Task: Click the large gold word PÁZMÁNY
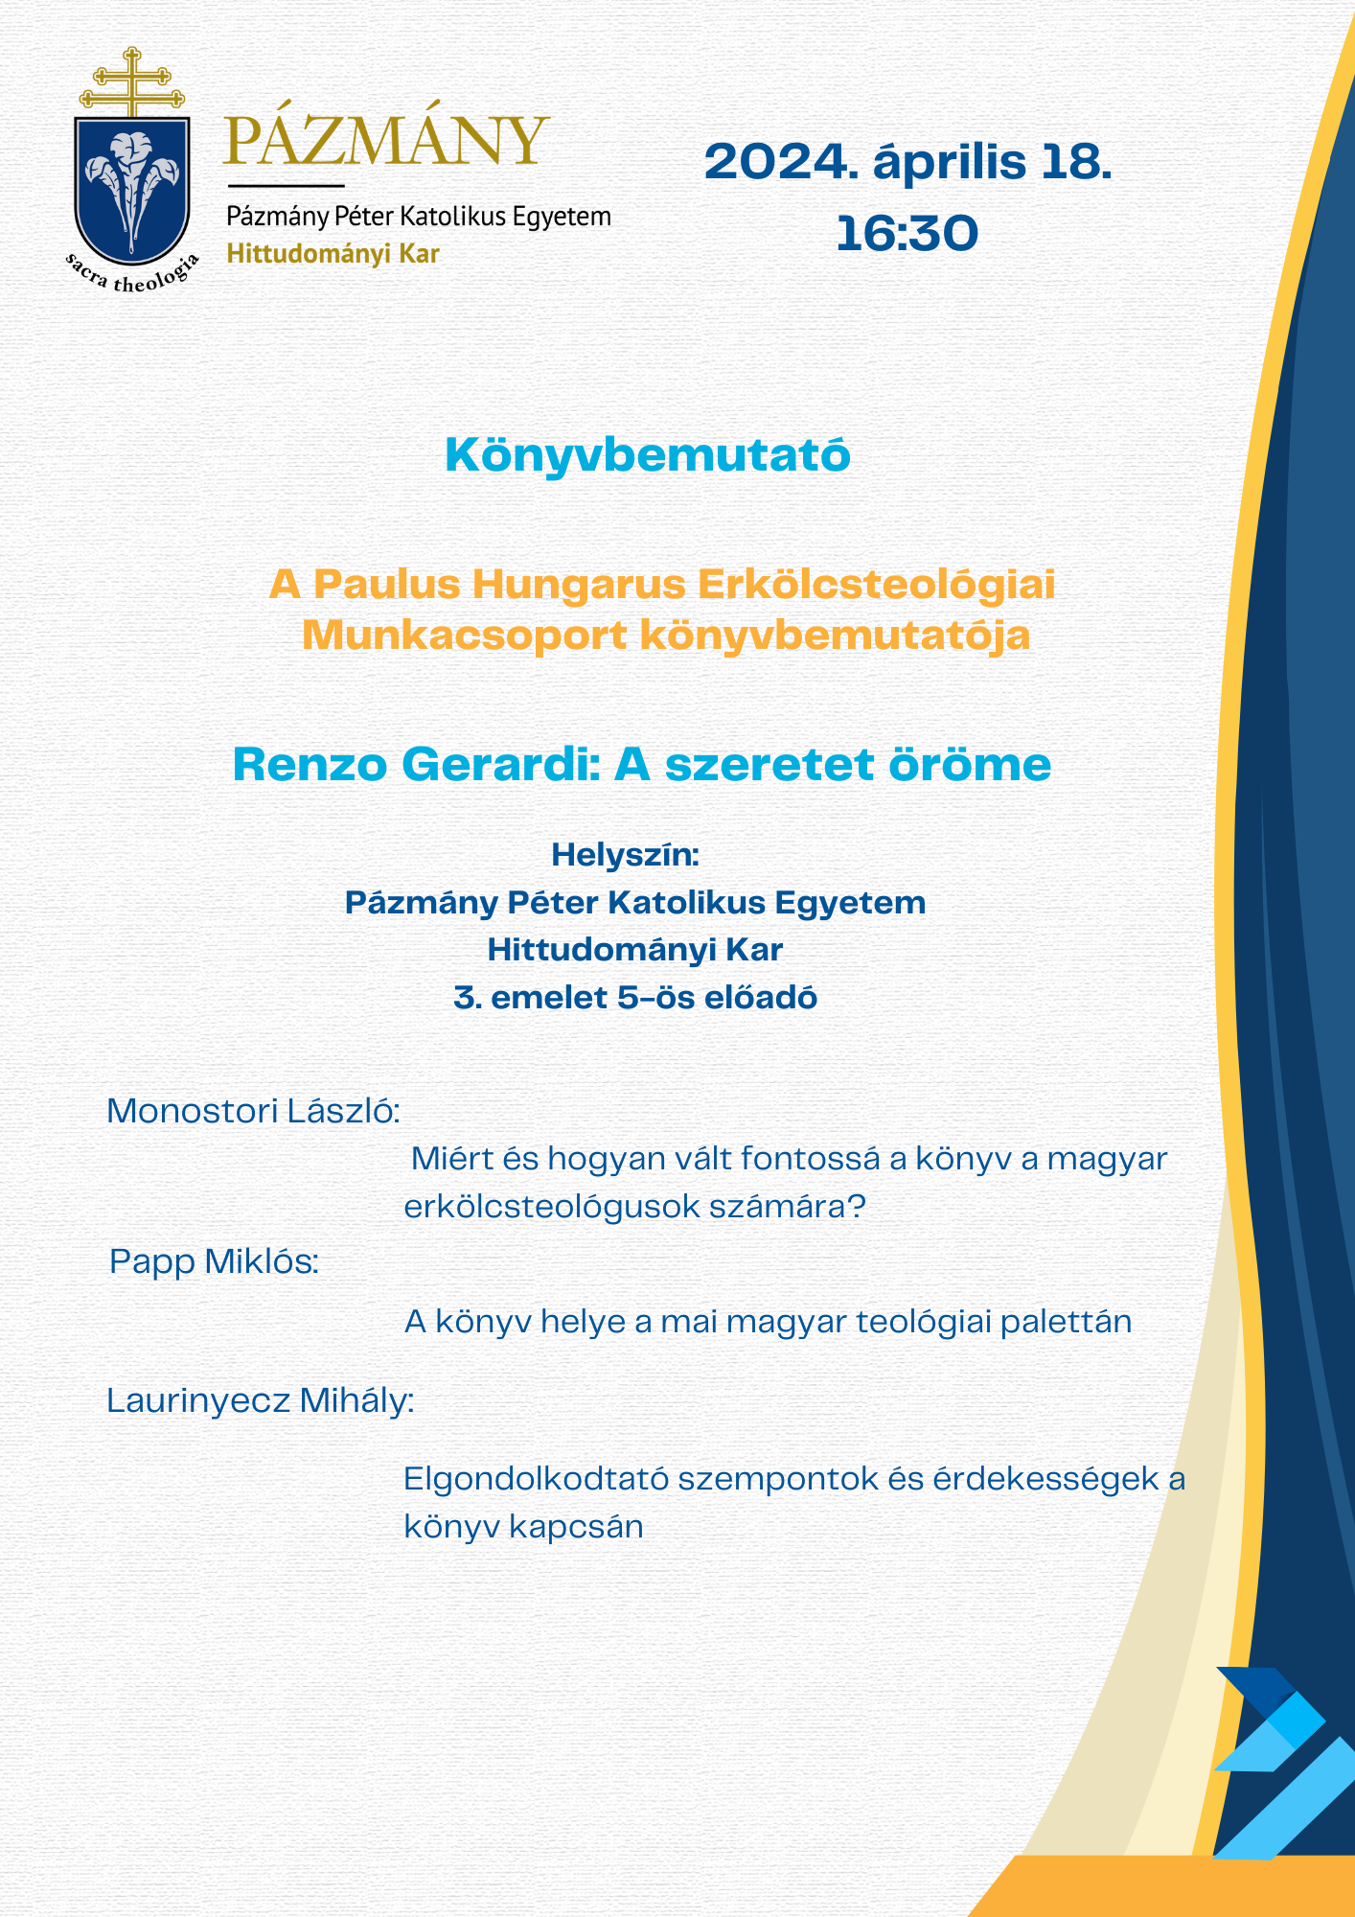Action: [386, 140]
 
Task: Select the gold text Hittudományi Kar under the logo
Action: [333, 254]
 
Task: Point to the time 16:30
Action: [907, 234]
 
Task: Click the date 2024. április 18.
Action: [907, 161]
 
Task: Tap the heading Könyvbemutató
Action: [648, 455]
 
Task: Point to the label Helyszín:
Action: [625, 854]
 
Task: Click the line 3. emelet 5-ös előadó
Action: [635, 998]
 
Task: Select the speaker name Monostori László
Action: [252, 1111]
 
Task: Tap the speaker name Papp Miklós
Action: [214, 1261]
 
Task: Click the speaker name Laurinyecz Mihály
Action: [260, 1400]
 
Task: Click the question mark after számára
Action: [856, 1206]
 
